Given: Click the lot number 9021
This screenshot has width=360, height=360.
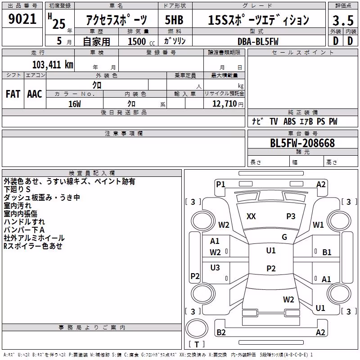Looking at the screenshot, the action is click(x=22, y=19).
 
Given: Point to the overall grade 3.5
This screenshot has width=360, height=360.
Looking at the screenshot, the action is click(x=343, y=20).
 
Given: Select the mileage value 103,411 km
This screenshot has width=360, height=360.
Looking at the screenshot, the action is click(x=53, y=65).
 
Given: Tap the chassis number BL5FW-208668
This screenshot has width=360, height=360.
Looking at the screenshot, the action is click(x=302, y=143).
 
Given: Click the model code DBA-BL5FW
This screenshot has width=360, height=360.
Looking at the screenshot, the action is click(x=258, y=41).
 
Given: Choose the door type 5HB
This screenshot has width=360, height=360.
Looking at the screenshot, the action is click(x=174, y=20).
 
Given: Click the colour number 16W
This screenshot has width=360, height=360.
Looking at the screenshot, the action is click(x=75, y=104).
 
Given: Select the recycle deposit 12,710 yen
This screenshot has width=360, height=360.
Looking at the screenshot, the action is click(x=228, y=104).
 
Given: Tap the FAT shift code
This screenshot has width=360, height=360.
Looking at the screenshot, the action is click(x=13, y=94).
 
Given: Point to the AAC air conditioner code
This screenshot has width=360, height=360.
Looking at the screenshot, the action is click(x=35, y=94).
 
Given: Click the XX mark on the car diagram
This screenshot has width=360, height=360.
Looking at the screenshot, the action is click(x=251, y=216).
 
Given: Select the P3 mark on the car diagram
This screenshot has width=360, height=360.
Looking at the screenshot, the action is click(x=291, y=216).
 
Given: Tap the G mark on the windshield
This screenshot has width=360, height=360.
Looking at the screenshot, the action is click(x=284, y=237).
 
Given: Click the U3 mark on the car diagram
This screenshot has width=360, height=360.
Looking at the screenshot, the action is click(x=215, y=267).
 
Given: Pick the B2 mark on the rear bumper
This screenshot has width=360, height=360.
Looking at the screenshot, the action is click(x=221, y=332).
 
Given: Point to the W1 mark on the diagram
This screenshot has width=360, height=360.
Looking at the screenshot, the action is click(x=318, y=225).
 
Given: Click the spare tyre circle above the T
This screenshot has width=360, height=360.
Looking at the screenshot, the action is click(x=197, y=328).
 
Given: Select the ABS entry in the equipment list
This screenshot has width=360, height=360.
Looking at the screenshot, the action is click(x=289, y=121).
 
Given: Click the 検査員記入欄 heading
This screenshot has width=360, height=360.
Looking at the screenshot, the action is click(x=92, y=173).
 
